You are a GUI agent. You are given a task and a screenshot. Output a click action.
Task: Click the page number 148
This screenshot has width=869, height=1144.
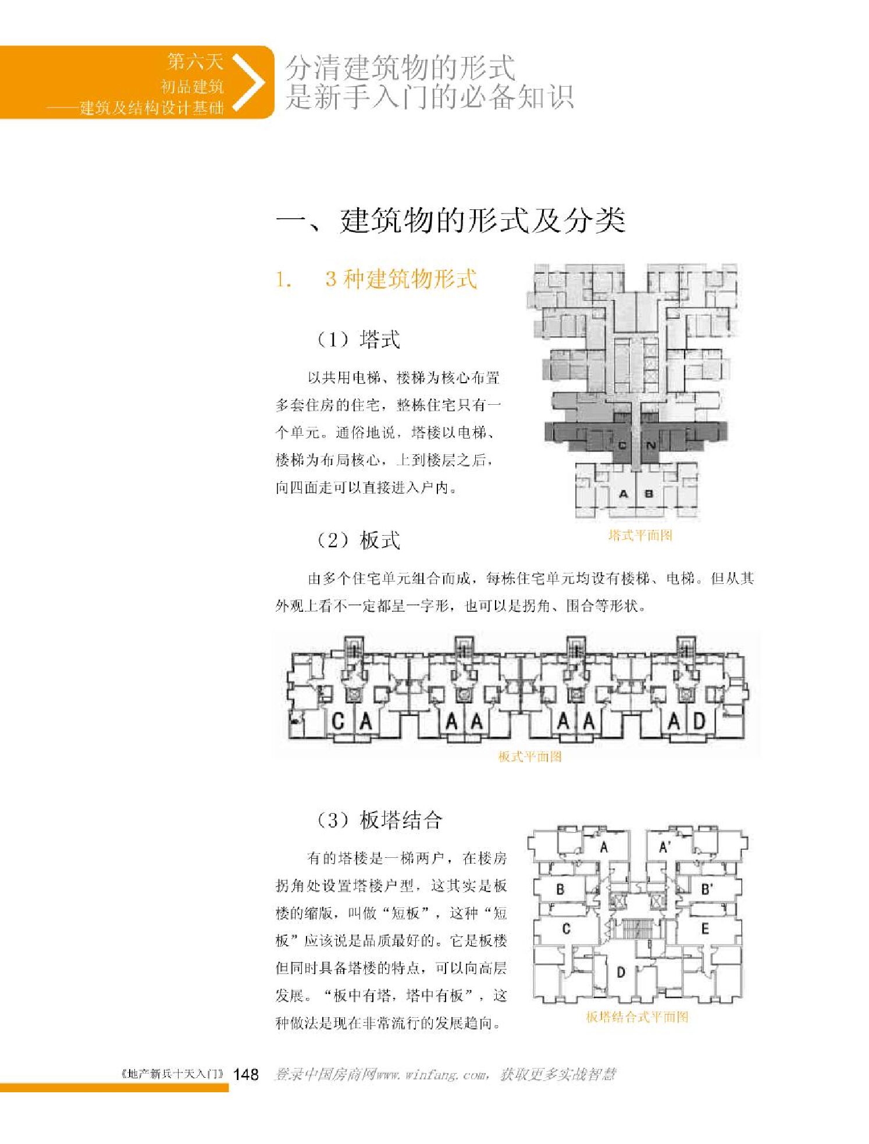245,1074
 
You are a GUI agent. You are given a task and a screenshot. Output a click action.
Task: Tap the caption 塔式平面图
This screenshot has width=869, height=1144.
640,535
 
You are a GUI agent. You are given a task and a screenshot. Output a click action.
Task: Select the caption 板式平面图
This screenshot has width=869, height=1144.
529,757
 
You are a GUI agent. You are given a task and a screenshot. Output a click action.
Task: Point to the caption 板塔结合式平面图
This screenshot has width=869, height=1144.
637,1017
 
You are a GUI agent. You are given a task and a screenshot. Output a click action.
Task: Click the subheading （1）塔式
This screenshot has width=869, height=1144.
358,339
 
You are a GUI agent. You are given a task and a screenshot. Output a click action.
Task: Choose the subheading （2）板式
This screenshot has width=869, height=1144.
358,540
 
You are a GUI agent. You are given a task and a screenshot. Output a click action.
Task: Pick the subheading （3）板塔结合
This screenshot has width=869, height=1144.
379,820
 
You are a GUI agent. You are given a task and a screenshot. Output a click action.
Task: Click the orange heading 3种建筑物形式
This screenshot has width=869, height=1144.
401,279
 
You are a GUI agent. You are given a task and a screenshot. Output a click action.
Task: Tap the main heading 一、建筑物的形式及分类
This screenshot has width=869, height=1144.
451,220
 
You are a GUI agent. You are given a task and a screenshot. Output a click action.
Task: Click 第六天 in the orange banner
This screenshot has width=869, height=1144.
195,61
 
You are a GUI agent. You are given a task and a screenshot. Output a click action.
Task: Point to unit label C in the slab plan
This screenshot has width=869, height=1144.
338,722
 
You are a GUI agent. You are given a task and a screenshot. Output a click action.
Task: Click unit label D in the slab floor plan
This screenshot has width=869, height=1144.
699,722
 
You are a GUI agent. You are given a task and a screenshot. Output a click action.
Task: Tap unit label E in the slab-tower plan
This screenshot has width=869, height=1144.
704,929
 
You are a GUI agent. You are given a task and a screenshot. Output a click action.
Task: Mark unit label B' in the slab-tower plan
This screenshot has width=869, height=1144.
707,889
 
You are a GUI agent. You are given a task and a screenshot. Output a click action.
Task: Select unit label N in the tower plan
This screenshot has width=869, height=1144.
651,446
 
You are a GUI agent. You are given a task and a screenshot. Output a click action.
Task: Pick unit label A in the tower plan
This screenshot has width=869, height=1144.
624,494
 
